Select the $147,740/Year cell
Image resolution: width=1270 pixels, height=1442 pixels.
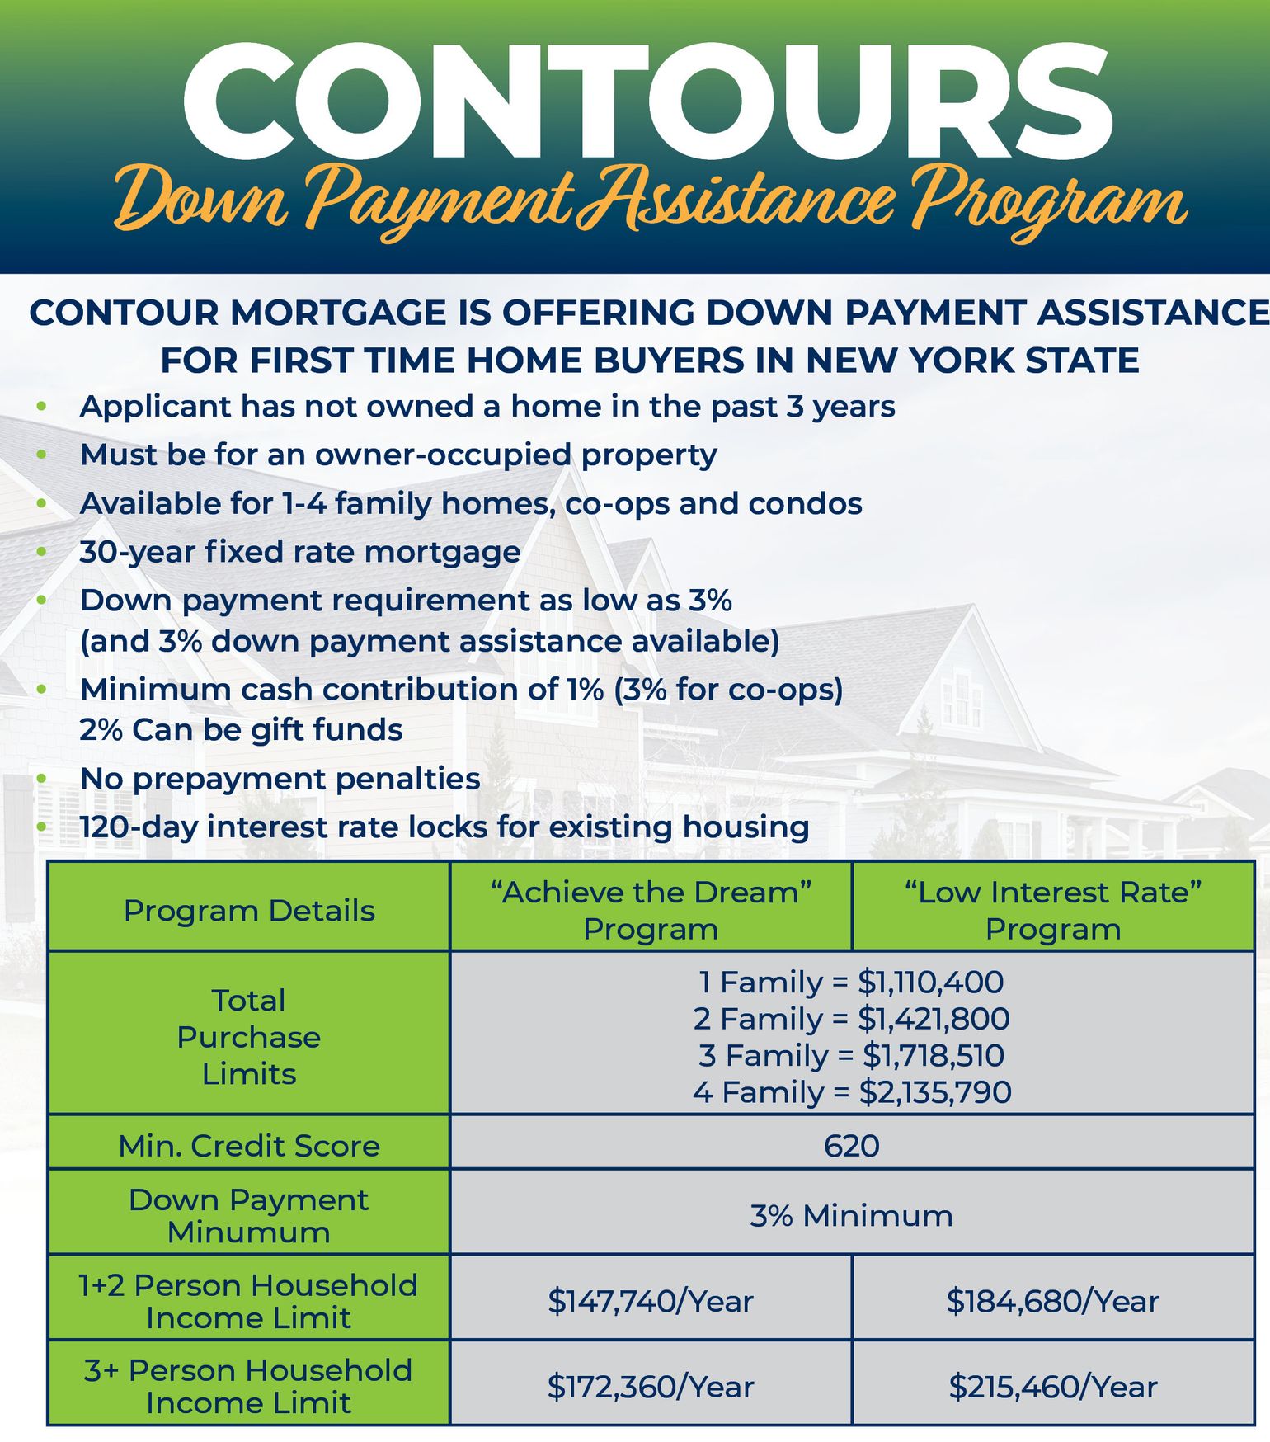click(651, 1301)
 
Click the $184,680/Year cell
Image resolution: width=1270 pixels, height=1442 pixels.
click(1052, 1301)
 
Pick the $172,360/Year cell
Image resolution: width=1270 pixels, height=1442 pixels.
click(651, 1387)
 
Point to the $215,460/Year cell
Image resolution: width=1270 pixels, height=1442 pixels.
click(1052, 1387)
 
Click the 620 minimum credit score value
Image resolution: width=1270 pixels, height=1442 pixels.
click(852, 1146)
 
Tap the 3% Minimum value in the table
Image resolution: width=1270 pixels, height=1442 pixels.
click(852, 1215)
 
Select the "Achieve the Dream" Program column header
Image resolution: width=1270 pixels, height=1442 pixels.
click(651, 910)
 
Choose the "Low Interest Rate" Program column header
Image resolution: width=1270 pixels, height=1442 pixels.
click(1052, 910)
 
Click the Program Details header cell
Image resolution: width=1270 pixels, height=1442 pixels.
click(249, 911)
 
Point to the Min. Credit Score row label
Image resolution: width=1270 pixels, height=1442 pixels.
click(249, 1146)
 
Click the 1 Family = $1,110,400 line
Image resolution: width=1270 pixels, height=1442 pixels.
click(852, 983)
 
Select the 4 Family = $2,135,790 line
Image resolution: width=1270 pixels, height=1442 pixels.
click(852, 1092)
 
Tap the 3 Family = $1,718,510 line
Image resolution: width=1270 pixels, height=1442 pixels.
click(852, 1055)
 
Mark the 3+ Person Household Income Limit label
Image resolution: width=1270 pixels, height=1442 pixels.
click(249, 1386)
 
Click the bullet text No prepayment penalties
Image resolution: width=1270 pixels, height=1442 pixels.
click(280, 779)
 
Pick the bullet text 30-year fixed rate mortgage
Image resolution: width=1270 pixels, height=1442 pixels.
click(300, 552)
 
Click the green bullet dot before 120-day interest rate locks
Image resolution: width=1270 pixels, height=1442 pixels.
click(42, 827)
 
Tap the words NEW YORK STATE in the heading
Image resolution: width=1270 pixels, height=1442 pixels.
click(973, 360)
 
